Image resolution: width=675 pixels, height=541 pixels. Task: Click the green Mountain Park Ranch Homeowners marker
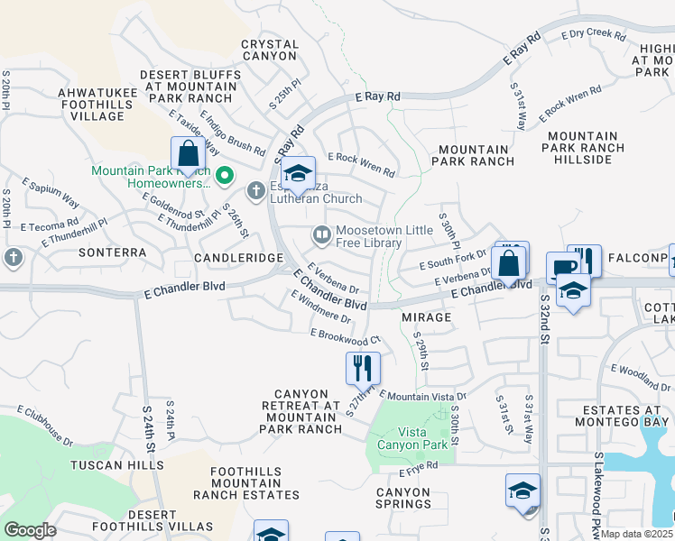[x=225, y=175]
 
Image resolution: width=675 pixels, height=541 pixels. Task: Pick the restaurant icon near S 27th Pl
[x=363, y=368]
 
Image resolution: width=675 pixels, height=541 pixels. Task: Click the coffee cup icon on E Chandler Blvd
[x=562, y=268]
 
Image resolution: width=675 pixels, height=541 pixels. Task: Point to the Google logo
[x=30, y=530]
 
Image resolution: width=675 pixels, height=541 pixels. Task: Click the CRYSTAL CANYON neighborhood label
[x=270, y=50]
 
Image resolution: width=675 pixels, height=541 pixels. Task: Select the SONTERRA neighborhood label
[x=112, y=253]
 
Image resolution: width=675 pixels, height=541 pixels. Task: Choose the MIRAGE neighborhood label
[x=426, y=317]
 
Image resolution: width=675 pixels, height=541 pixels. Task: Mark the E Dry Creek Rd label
[x=593, y=35]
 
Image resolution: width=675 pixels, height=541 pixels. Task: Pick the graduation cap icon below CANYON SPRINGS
[x=522, y=491]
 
